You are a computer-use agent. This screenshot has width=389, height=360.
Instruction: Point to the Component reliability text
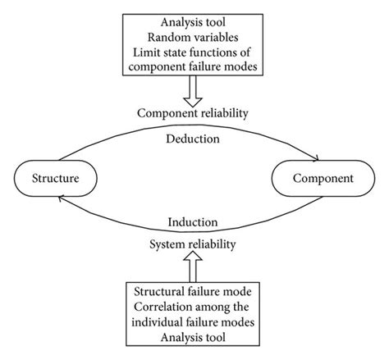pos(194,112)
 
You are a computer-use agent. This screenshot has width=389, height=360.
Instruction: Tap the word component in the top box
pos(158,70)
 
